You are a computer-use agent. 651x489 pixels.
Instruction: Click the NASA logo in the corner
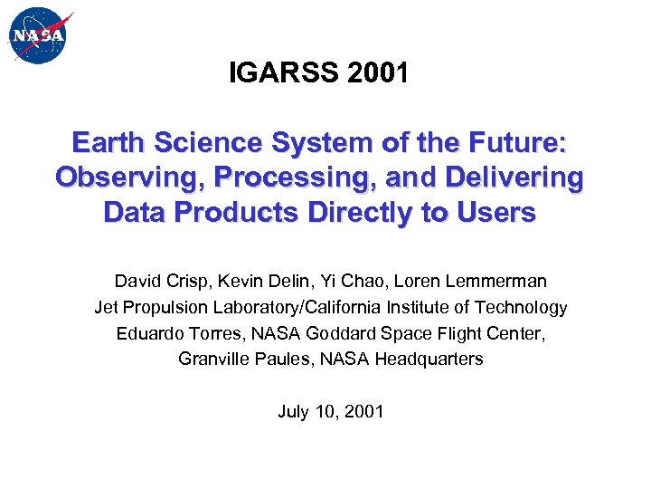coord(39,36)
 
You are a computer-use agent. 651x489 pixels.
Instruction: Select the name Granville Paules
coord(235,359)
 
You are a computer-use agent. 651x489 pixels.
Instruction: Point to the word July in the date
coord(293,411)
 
